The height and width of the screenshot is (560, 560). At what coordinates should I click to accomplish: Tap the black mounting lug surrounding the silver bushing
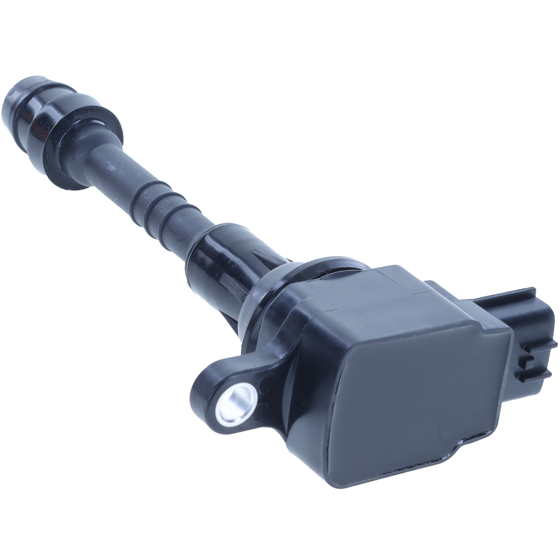coord(209,388)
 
